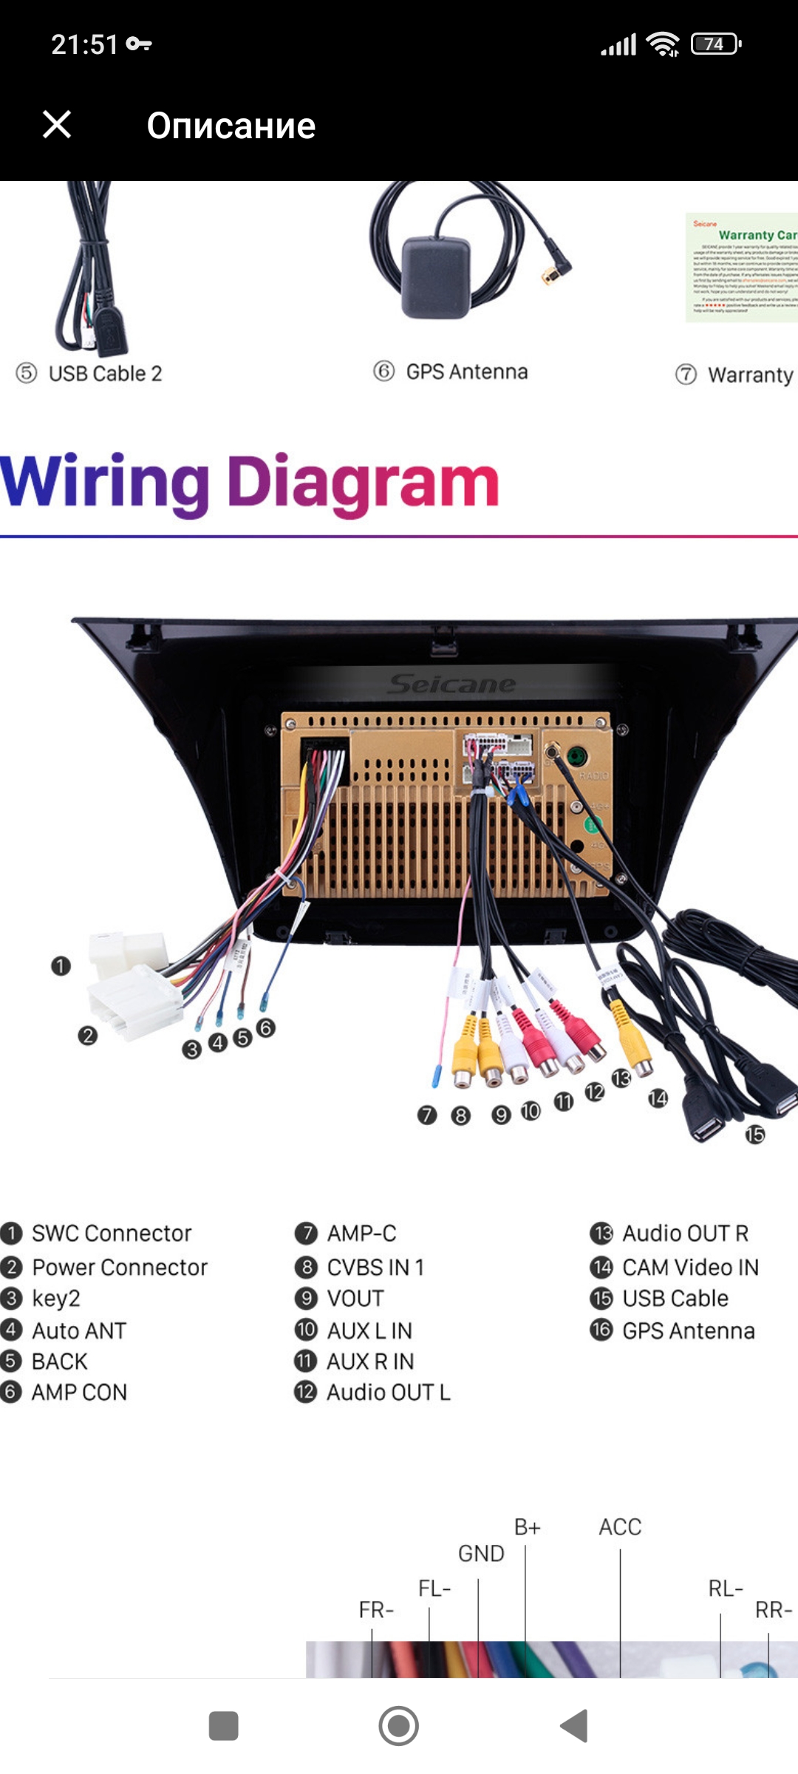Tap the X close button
[x=57, y=124]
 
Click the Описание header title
[x=231, y=126]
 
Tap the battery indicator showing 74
[x=715, y=44]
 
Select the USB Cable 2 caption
[x=104, y=373]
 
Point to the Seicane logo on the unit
[x=451, y=684]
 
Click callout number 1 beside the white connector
[x=61, y=966]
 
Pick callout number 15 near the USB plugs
[x=754, y=1134]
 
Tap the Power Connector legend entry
[x=119, y=1267]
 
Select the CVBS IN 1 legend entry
[x=375, y=1267]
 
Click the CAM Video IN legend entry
[x=689, y=1267]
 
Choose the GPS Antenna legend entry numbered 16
[x=688, y=1330]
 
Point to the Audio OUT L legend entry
[x=388, y=1392]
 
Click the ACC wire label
[x=620, y=1526]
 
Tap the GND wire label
[x=481, y=1553]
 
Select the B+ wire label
[x=527, y=1527]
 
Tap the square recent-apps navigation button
[x=224, y=1726]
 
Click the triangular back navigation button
[x=574, y=1726]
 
